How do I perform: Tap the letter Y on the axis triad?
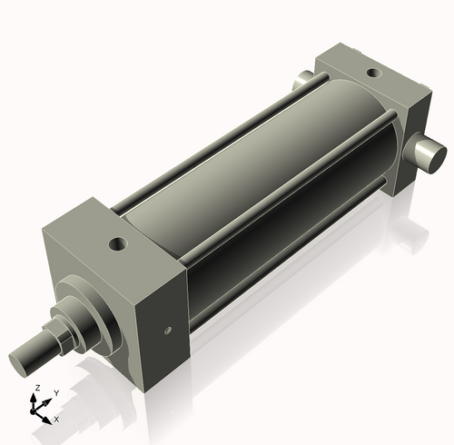[55, 393]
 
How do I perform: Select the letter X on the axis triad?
[56, 420]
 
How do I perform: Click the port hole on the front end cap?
[116, 243]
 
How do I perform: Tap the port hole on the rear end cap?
[373, 74]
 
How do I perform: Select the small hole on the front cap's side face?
[166, 331]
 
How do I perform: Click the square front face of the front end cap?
[91, 291]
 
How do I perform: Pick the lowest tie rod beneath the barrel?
[291, 263]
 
